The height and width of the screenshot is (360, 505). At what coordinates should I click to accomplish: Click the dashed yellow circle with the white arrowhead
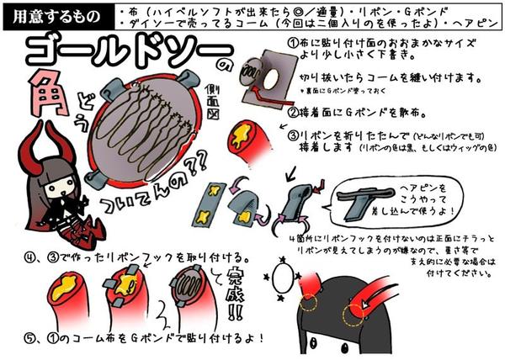tap(310, 304)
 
